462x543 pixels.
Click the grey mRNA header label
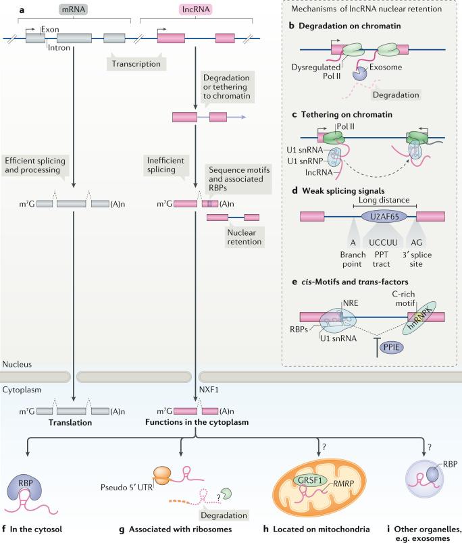tap(71, 11)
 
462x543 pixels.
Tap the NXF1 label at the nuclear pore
tap(209, 390)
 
